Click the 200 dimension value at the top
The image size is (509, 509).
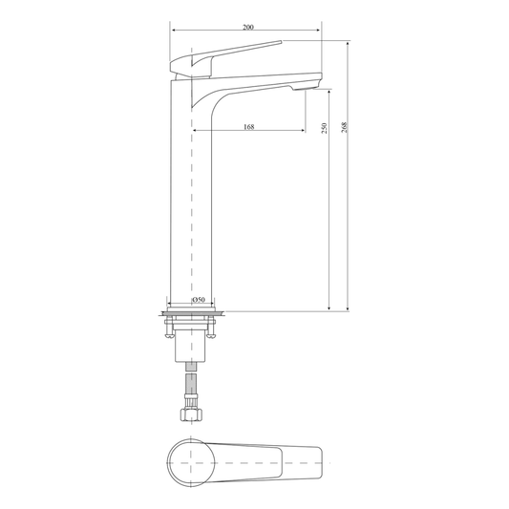point(248,28)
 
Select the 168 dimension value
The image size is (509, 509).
point(248,127)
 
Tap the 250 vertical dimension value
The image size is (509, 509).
point(324,128)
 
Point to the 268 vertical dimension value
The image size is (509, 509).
point(345,127)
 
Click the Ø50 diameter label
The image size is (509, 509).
point(198,299)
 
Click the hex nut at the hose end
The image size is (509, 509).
point(191,414)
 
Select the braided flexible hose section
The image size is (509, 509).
point(191,383)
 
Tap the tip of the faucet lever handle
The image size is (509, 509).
point(281,41)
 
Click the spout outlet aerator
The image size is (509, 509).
point(305,87)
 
